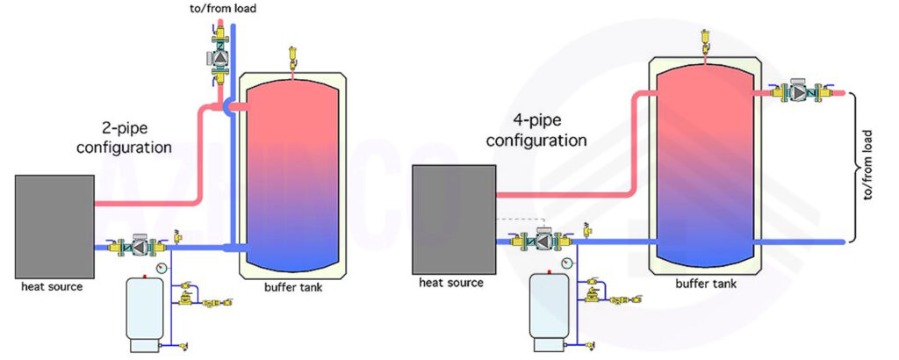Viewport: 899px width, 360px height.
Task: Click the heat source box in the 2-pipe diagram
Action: pos(54,227)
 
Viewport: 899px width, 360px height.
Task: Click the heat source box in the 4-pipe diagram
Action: pos(454,219)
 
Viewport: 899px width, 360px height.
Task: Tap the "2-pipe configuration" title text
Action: pos(125,138)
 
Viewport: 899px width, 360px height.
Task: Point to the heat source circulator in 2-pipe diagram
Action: pos(138,246)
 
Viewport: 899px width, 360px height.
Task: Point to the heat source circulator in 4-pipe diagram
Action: pos(542,240)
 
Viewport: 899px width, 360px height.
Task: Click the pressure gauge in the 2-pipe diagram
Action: pos(162,267)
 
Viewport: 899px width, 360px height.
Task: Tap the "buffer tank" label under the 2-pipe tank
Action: pos(293,287)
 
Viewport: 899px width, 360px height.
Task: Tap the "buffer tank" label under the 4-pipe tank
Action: pos(706,284)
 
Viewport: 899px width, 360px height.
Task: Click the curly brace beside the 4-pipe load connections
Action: pos(853,166)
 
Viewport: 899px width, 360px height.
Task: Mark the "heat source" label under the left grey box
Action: pos(52,286)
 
